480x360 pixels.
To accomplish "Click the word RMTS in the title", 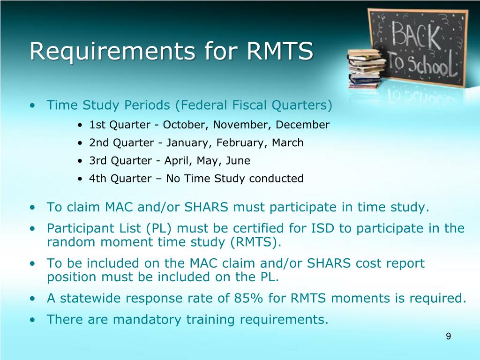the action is click(x=280, y=51).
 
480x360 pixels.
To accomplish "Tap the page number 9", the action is click(x=448, y=336).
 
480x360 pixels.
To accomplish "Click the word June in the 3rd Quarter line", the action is click(x=238, y=161).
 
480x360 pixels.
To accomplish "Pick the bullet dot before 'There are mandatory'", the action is click(x=32, y=320).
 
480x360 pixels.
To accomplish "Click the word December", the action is click(x=302, y=125).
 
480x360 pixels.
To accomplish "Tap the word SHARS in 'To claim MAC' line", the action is click(x=206, y=207).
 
